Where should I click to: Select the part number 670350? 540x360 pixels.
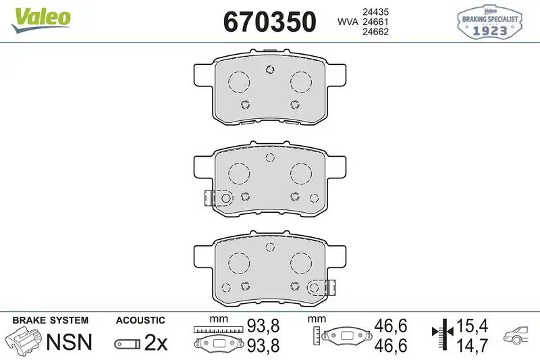pyautogui.click(x=269, y=22)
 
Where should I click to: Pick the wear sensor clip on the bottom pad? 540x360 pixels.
pyautogui.click(x=330, y=287)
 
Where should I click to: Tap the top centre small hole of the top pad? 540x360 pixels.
pyautogui.click(x=269, y=68)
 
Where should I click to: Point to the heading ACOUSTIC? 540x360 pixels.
pyautogui.click(x=140, y=320)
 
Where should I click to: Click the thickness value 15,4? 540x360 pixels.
pyautogui.click(x=472, y=326)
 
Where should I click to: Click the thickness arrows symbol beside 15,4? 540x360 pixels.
pyautogui.click(x=441, y=335)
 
